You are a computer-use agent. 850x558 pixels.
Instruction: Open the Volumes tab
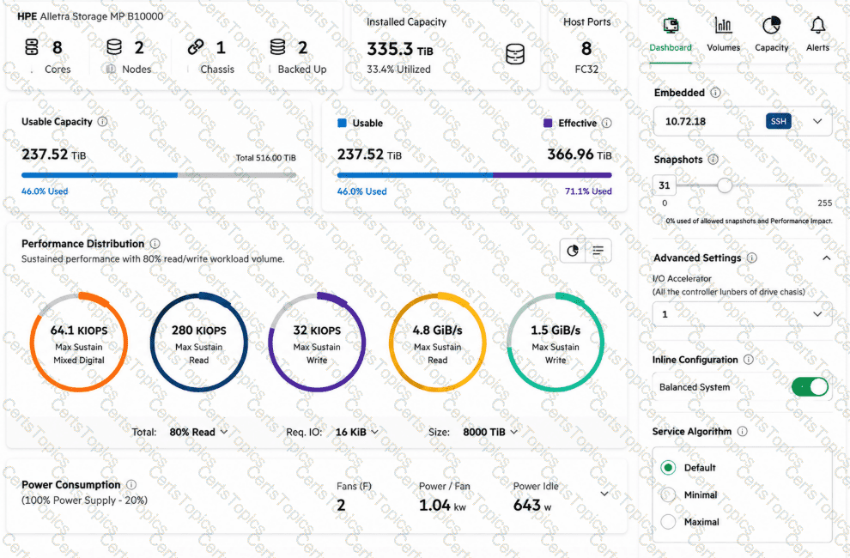[723, 34]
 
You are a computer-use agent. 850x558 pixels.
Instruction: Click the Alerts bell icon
[817, 25]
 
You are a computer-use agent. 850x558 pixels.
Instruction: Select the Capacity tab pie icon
[771, 26]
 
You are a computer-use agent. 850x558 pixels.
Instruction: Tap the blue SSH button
[779, 121]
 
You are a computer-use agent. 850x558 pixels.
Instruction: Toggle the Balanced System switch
[810, 386]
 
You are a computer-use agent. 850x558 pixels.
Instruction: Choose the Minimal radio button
[668, 494]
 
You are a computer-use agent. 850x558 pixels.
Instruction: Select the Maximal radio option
[668, 522]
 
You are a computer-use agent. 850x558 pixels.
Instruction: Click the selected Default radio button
[668, 468]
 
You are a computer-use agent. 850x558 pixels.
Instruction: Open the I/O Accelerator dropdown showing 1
[742, 314]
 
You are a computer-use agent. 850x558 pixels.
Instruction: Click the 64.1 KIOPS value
[79, 331]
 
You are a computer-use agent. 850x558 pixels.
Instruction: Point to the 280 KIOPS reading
[199, 331]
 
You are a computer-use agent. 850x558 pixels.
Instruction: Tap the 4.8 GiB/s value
[438, 331]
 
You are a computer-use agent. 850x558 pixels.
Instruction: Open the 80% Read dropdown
[198, 432]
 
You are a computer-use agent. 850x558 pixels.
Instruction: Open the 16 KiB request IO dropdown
[356, 432]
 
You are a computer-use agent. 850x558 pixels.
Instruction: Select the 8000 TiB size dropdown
[490, 432]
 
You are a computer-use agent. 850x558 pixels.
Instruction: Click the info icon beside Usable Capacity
[102, 121]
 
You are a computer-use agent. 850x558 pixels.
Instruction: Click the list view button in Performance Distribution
[598, 251]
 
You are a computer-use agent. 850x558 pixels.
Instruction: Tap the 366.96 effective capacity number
[570, 155]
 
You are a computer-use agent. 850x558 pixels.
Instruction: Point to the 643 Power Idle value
[526, 506]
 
